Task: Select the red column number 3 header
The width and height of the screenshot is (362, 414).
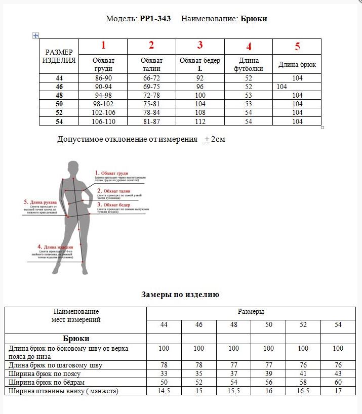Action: [x=200, y=45]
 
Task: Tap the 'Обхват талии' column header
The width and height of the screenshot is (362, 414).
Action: [x=151, y=64]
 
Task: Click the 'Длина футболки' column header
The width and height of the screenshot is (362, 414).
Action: [x=248, y=64]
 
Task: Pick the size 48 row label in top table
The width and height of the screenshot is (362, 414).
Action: [x=59, y=95]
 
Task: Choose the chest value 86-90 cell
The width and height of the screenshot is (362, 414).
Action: [x=103, y=78]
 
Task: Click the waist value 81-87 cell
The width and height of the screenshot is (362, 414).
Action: [x=151, y=121]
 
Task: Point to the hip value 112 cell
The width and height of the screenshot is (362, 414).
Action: [x=199, y=121]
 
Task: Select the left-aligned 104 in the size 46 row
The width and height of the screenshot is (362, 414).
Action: [x=282, y=87]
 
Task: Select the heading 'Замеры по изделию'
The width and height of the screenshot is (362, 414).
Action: [x=180, y=295]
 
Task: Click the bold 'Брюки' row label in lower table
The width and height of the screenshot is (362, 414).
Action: [x=76, y=338]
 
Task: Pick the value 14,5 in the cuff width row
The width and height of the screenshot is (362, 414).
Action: [x=164, y=391]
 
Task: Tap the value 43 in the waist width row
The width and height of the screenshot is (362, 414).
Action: [x=338, y=374]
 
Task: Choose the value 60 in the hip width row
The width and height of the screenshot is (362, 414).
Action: [x=338, y=382]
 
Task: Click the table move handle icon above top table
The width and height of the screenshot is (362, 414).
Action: [x=35, y=35]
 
